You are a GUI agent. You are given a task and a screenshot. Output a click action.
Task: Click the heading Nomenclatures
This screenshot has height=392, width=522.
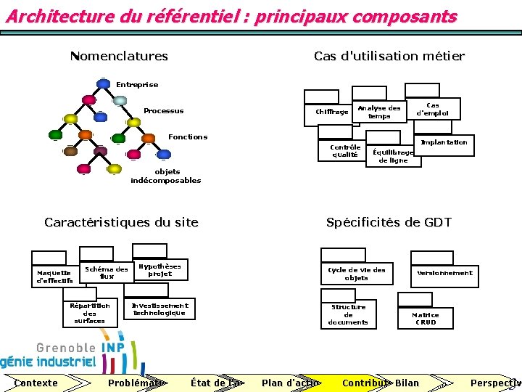click(x=119, y=56)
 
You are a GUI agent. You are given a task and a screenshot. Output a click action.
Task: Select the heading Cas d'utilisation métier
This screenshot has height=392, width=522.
click(x=389, y=56)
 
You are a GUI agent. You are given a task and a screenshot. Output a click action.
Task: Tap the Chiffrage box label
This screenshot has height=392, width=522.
click(x=332, y=111)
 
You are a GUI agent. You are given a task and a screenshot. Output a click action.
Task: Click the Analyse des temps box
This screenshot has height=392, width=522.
click(x=378, y=112)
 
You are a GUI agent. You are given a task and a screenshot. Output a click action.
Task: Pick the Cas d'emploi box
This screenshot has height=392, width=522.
click(x=433, y=109)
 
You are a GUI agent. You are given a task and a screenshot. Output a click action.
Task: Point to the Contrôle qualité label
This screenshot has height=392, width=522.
click(x=345, y=150)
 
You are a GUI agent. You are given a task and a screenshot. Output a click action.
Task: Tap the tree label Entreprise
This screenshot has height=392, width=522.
click(x=137, y=85)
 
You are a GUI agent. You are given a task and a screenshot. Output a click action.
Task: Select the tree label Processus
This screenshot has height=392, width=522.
click(x=163, y=111)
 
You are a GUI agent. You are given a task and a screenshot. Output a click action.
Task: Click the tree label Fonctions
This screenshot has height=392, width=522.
click(x=188, y=136)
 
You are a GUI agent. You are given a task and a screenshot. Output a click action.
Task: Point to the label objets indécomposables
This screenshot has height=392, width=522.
click(x=166, y=176)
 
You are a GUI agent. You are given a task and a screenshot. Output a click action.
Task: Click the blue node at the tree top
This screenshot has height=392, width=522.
click(x=104, y=83)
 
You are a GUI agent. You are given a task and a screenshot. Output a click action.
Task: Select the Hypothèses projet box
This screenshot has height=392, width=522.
click(x=160, y=269)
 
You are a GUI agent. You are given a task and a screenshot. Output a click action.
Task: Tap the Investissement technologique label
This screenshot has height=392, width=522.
click(x=159, y=309)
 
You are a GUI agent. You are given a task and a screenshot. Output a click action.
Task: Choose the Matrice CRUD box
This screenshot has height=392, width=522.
click(x=426, y=318)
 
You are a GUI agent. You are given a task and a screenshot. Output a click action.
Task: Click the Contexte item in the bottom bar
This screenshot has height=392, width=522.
click(x=36, y=383)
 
